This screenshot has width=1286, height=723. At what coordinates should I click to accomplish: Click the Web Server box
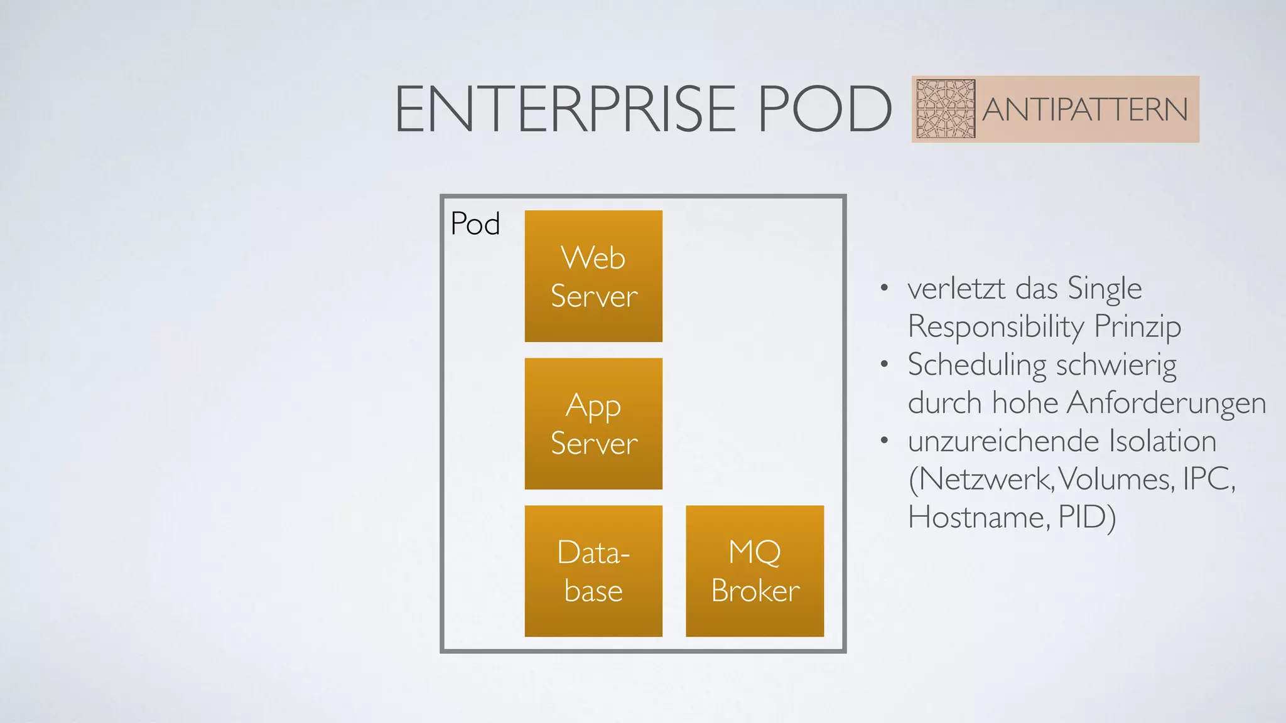tap(593, 276)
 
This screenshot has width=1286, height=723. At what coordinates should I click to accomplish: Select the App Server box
tap(593, 424)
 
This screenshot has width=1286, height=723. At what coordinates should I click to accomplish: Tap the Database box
tap(593, 571)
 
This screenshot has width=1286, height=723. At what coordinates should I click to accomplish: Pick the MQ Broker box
tap(755, 571)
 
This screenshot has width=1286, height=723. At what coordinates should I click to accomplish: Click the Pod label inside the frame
tap(475, 224)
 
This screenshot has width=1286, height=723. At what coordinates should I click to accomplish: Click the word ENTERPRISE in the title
tap(565, 109)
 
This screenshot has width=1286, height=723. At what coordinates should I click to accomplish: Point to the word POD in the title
tap(824, 109)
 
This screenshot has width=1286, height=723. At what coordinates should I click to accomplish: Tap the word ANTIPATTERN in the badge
tap(1084, 110)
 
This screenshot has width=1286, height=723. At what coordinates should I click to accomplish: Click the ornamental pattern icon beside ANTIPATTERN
tap(945, 109)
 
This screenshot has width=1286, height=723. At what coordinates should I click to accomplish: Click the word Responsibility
tap(996, 327)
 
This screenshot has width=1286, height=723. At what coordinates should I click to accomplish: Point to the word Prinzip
tap(1137, 327)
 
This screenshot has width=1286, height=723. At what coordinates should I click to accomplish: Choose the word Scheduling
tap(975, 365)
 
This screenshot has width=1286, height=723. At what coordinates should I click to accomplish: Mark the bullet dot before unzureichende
tap(884, 440)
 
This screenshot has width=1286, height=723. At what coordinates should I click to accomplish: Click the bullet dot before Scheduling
tap(884, 364)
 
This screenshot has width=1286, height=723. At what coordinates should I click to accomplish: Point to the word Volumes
tap(1116, 479)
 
